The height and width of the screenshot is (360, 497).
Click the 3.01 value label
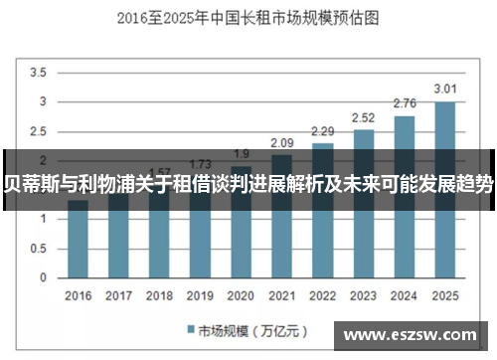444,90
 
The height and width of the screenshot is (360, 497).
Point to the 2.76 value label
405,103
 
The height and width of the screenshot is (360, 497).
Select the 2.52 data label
364,118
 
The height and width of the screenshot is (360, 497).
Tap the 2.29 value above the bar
323,131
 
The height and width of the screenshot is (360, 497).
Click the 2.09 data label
282,143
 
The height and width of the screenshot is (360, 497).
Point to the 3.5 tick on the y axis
39,73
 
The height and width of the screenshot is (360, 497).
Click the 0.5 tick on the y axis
39,249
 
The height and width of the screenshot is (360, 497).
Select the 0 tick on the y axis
44,277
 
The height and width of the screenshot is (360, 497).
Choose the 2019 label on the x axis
200,295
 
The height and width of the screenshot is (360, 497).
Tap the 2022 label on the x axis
323,295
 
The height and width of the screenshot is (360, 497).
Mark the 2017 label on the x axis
118,295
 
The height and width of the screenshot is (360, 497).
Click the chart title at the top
248,17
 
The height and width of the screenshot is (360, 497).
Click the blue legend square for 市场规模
190,329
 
